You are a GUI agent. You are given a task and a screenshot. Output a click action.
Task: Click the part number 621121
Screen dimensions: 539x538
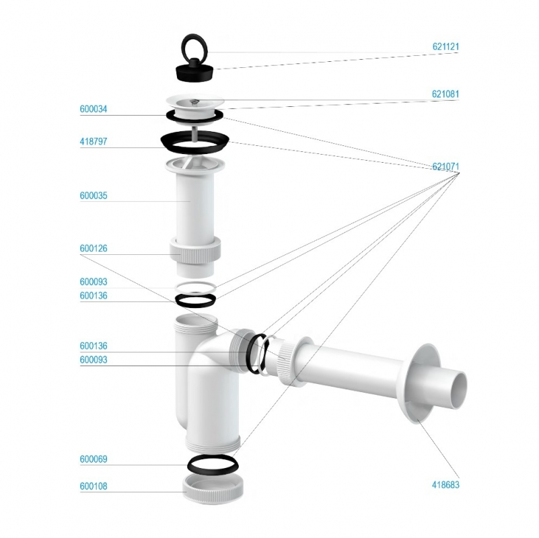[445, 46]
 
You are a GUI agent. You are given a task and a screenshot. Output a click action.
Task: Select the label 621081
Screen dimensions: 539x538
[445, 93]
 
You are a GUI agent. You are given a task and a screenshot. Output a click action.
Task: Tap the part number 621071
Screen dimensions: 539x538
[445, 166]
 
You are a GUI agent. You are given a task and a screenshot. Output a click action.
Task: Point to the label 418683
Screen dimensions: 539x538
[445, 485]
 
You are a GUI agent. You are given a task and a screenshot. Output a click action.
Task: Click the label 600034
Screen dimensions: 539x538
[94, 109]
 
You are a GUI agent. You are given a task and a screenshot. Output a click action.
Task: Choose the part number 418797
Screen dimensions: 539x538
[94, 141]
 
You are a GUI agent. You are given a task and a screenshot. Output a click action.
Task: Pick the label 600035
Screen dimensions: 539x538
[94, 196]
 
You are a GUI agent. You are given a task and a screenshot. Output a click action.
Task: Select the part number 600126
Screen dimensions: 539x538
[94, 248]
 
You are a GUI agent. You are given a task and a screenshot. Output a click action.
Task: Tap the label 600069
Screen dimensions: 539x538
[94, 459]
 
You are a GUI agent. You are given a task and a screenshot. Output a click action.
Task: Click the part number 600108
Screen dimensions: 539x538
[94, 486]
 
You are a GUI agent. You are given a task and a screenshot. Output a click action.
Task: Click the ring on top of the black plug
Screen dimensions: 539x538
[193, 36]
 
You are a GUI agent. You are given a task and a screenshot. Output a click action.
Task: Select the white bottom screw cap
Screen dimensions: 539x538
[213, 488]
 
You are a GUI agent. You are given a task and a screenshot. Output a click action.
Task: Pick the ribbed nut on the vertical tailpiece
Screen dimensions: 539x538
[195, 254]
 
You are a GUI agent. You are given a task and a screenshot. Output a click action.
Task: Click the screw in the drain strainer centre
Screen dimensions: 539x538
[195, 101]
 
